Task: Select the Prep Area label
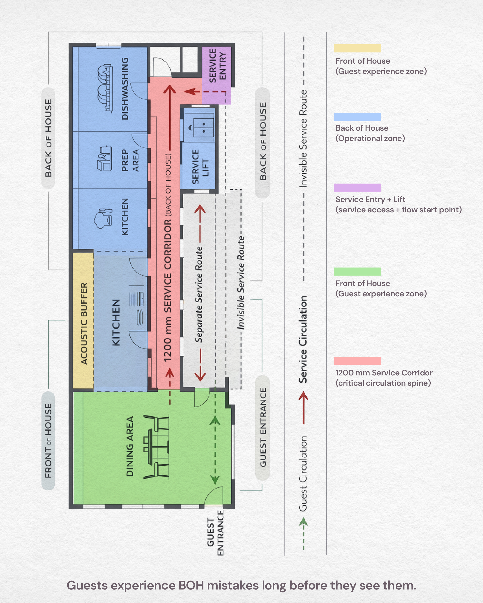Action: (130, 160)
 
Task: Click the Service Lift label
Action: (200, 167)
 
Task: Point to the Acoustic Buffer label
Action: (84, 323)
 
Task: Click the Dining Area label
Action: (130, 446)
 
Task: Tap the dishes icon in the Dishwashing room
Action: (105, 88)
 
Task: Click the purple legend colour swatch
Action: (357, 187)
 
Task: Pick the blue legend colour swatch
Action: (357, 117)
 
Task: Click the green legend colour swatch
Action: (357, 271)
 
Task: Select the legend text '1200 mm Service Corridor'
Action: (384, 373)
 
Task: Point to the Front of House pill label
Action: (48, 441)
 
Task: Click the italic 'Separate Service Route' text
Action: (199, 294)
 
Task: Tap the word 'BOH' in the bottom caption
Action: (191, 585)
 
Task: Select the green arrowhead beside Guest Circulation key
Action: (304, 521)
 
